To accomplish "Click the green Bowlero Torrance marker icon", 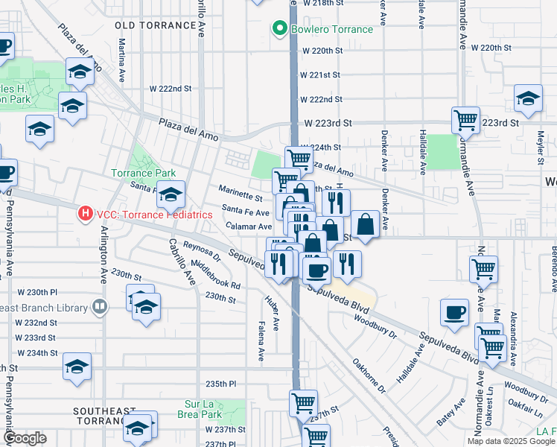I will click(x=280, y=30).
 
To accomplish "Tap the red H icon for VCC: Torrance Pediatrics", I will click(x=86, y=215).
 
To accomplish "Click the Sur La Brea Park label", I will click(x=203, y=409).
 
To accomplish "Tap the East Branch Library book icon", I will click(x=99, y=306).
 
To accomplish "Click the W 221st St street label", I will click(x=321, y=75).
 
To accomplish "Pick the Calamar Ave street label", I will click(x=249, y=226).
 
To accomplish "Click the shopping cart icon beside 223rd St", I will click(x=465, y=119).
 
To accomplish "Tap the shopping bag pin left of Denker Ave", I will click(x=366, y=224).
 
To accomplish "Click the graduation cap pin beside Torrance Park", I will click(x=171, y=195).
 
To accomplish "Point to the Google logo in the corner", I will click(x=25, y=439).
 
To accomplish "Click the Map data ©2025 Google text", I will click(x=511, y=441).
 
